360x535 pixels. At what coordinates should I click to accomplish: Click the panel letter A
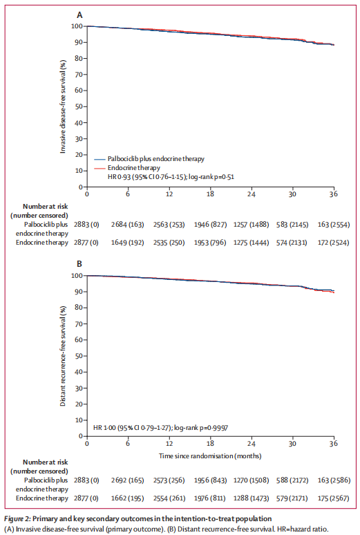point(79,15)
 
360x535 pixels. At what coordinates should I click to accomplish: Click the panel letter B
point(79,264)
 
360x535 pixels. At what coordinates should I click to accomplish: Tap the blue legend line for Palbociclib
point(100,160)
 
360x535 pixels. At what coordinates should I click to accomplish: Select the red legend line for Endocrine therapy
point(100,168)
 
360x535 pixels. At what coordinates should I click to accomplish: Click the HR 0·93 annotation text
point(171,177)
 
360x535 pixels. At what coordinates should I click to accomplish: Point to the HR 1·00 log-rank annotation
point(161,428)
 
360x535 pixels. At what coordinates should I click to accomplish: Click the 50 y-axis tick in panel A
point(79,106)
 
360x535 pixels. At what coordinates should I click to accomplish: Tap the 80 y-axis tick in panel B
point(79,308)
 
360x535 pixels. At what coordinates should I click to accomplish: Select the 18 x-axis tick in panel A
point(210,194)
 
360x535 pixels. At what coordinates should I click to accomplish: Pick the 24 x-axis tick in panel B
point(252,443)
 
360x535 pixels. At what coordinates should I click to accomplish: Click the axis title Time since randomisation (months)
point(210,456)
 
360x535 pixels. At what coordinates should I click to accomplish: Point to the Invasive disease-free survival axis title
point(63,107)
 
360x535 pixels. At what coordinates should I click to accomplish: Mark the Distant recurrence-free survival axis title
point(63,356)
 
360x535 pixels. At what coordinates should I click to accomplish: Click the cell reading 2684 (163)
point(127,225)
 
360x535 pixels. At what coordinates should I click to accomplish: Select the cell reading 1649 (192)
point(127,243)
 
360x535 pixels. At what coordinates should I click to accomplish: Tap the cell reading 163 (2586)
point(334,480)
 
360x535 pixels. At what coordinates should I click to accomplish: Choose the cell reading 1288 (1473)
point(251,498)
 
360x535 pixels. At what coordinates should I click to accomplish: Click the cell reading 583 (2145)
point(292,225)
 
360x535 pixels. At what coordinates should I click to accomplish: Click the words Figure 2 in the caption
point(17,519)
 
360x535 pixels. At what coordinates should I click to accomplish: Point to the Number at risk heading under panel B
point(46,462)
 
